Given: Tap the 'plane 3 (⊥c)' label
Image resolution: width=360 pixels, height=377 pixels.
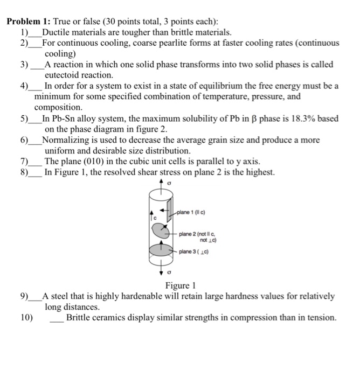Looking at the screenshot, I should [194, 252].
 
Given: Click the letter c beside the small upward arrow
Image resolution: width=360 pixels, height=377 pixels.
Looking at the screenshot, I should [154, 218].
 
